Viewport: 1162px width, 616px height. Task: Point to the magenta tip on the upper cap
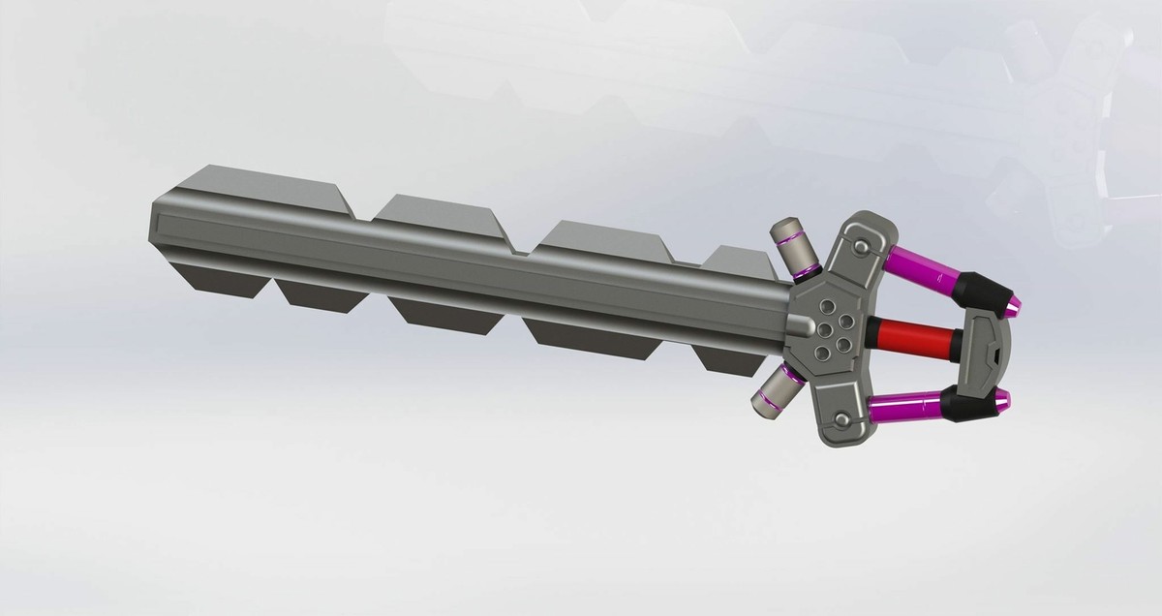click(1011, 307)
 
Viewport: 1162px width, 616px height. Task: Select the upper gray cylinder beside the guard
click(795, 249)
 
